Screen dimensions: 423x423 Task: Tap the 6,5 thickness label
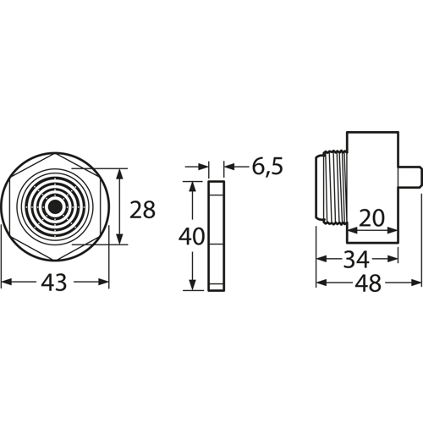(x=266, y=168)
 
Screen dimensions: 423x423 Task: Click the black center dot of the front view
(x=55, y=206)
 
